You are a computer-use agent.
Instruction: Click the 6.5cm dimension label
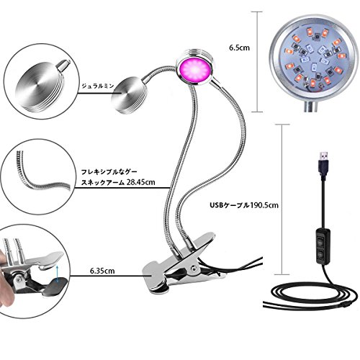click(239, 48)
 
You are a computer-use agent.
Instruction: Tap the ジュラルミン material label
click(98, 86)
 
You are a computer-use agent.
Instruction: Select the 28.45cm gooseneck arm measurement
click(140, 182)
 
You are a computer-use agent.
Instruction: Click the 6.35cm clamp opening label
click(102, 271)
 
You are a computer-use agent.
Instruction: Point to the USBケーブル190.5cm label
click(244, 205)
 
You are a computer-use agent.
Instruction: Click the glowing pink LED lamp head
click(194, 70)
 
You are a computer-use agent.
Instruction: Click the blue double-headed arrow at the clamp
click(57, 274)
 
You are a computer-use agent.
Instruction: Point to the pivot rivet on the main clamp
click(193, 268)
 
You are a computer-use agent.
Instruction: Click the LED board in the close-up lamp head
click(312, 58)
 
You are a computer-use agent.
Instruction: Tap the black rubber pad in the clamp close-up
click(55, 287)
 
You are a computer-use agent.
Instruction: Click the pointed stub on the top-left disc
click(63, 65)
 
